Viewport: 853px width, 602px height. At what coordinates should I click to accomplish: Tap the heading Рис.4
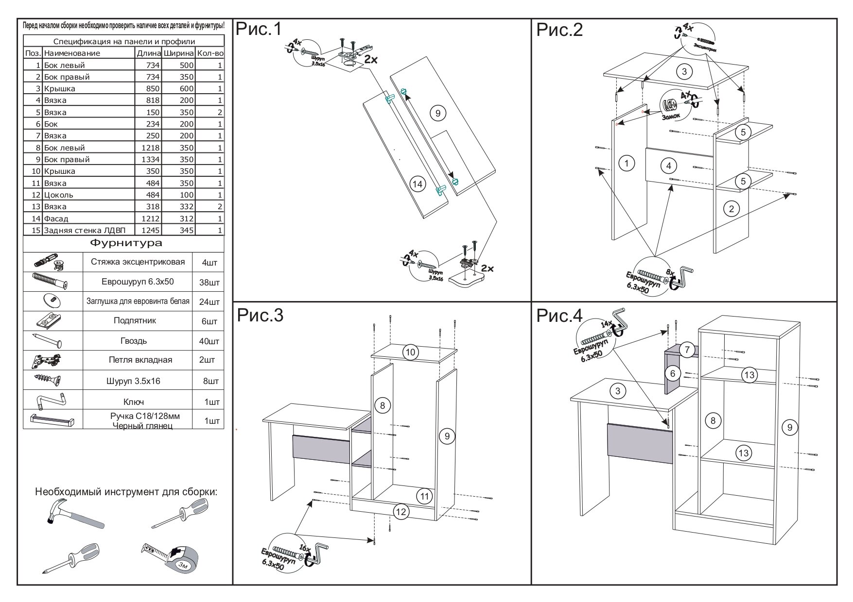click(x=559, y=317)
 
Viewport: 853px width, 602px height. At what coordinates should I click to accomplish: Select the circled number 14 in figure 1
click(x=417, y=184)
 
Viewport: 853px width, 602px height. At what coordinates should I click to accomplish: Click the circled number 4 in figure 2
click(x=669, y=166)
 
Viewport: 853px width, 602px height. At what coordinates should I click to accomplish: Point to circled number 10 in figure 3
click(x=411, y=351)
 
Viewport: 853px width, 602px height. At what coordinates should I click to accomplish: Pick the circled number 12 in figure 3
click(x=400, y=511)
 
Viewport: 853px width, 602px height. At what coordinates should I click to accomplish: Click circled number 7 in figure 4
click(x=686, y=350)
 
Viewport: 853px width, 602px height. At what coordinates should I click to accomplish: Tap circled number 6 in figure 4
click(x=673, y=373)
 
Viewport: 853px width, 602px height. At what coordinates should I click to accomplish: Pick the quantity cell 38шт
click(x=209, y=283)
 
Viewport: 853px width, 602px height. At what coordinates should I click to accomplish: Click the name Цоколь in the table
click(x=59, y=195)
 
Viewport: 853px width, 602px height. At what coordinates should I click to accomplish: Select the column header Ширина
click(x=179, y=53)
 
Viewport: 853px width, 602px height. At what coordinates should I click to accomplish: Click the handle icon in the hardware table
click(x=52, y=420)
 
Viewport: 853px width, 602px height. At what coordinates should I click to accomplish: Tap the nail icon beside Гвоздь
click(x=48, y=341)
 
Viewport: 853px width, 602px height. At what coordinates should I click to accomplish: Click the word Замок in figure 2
click(x=672, y=117)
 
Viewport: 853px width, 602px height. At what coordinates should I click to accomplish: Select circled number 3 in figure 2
click(x=684, y=72)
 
